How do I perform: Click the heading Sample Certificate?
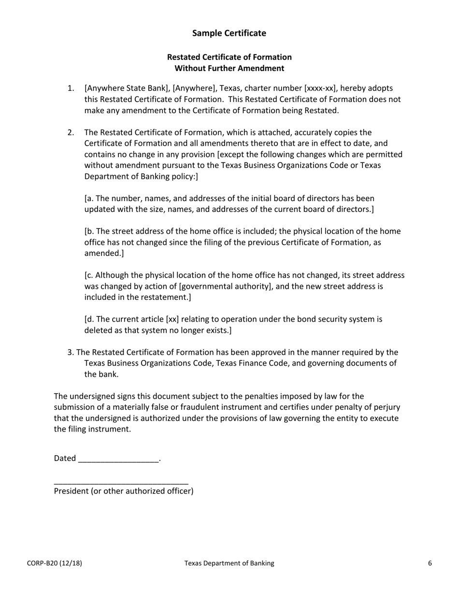[x=229, y=33]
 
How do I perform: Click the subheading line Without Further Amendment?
[x=229, y=68]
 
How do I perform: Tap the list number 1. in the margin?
[x=71, y=88]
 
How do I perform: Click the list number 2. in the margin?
[x=71, y=133]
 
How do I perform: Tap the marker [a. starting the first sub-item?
[x=89, y=198]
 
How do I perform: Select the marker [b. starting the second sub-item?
[x=90, y=231]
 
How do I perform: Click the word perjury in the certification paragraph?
[x=386, y=407]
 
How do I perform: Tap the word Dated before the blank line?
[x=65, y=459]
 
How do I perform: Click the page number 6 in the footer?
[x=430, y=563]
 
